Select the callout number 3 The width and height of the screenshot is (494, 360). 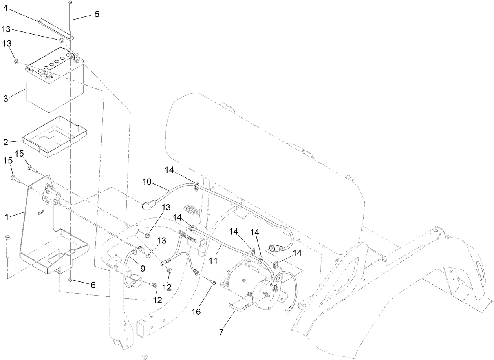tap(5, 98)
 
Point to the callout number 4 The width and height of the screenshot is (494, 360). tap(5, 7)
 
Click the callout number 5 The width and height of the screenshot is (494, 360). tap(97, 15)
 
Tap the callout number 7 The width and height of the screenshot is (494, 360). tap(221, 332)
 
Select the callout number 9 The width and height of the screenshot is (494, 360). tap(143, 269)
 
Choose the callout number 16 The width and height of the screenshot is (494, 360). tap(196, 311)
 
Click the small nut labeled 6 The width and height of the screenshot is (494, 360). tap(70, 280)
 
